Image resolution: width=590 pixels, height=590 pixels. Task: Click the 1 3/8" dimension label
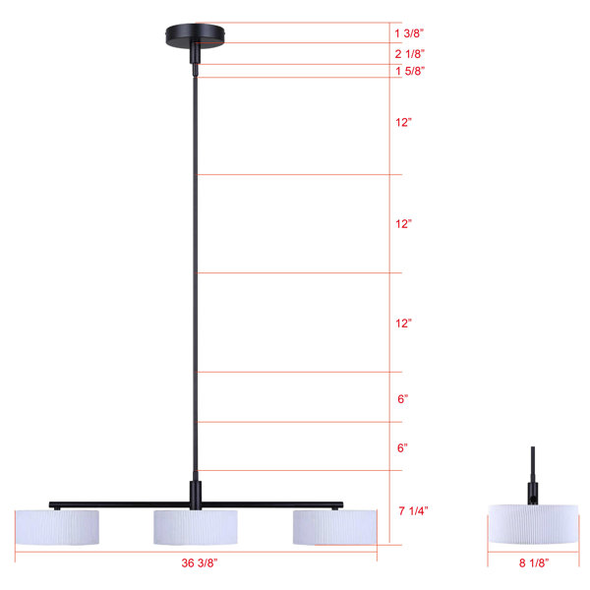pyautogui.click(x=409, y=33)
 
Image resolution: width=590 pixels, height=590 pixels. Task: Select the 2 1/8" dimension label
pyautogui.click(x=410, y=54)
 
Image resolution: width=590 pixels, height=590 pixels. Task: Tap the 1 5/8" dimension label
pyautogui.click(x=410, y=71)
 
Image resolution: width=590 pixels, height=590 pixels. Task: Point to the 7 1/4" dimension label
pyautogui.click(x=413, y=510)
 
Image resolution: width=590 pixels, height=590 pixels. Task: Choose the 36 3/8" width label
pyautogui.click(x=200, y=562)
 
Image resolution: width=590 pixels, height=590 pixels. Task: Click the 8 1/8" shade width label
pyautogui.click(x=534, y=562)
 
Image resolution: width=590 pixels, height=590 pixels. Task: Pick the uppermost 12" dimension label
pyautogui.click(x=403, y=122)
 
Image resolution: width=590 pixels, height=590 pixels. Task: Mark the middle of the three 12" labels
pyautogui.click(x=403, y=224)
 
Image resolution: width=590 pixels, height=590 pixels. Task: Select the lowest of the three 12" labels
pyautogui.click(x=403, y=324)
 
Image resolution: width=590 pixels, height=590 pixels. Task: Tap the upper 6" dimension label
pyautogui.click(x=402, y=399)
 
